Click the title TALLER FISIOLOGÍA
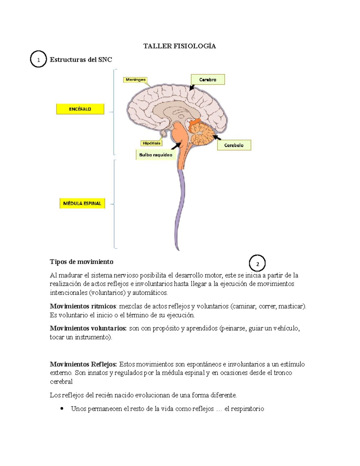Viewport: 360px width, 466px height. pos(179,46)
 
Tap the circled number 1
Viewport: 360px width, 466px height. pos(38,59)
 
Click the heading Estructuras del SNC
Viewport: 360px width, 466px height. pos(81,60)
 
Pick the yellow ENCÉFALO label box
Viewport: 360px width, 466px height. pos(80,109)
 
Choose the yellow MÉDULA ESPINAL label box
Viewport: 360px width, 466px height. pos(82,203)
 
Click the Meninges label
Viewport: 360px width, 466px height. pos(136,80)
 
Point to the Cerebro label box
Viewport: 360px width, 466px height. pos(208,80)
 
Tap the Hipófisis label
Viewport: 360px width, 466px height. pos(151,143)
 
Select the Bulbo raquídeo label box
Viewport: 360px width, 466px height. pos(156,155)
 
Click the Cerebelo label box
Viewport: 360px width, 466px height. pos(234,145)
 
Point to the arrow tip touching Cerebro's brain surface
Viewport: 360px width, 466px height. pos(190,90)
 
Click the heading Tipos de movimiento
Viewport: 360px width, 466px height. pos(82,262)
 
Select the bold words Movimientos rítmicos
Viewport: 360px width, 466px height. pos(83,306)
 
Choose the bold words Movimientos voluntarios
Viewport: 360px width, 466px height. pos(88,328)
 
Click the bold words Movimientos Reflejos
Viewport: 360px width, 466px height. pos(83,364)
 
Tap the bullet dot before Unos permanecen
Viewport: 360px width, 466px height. pos(62,408)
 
